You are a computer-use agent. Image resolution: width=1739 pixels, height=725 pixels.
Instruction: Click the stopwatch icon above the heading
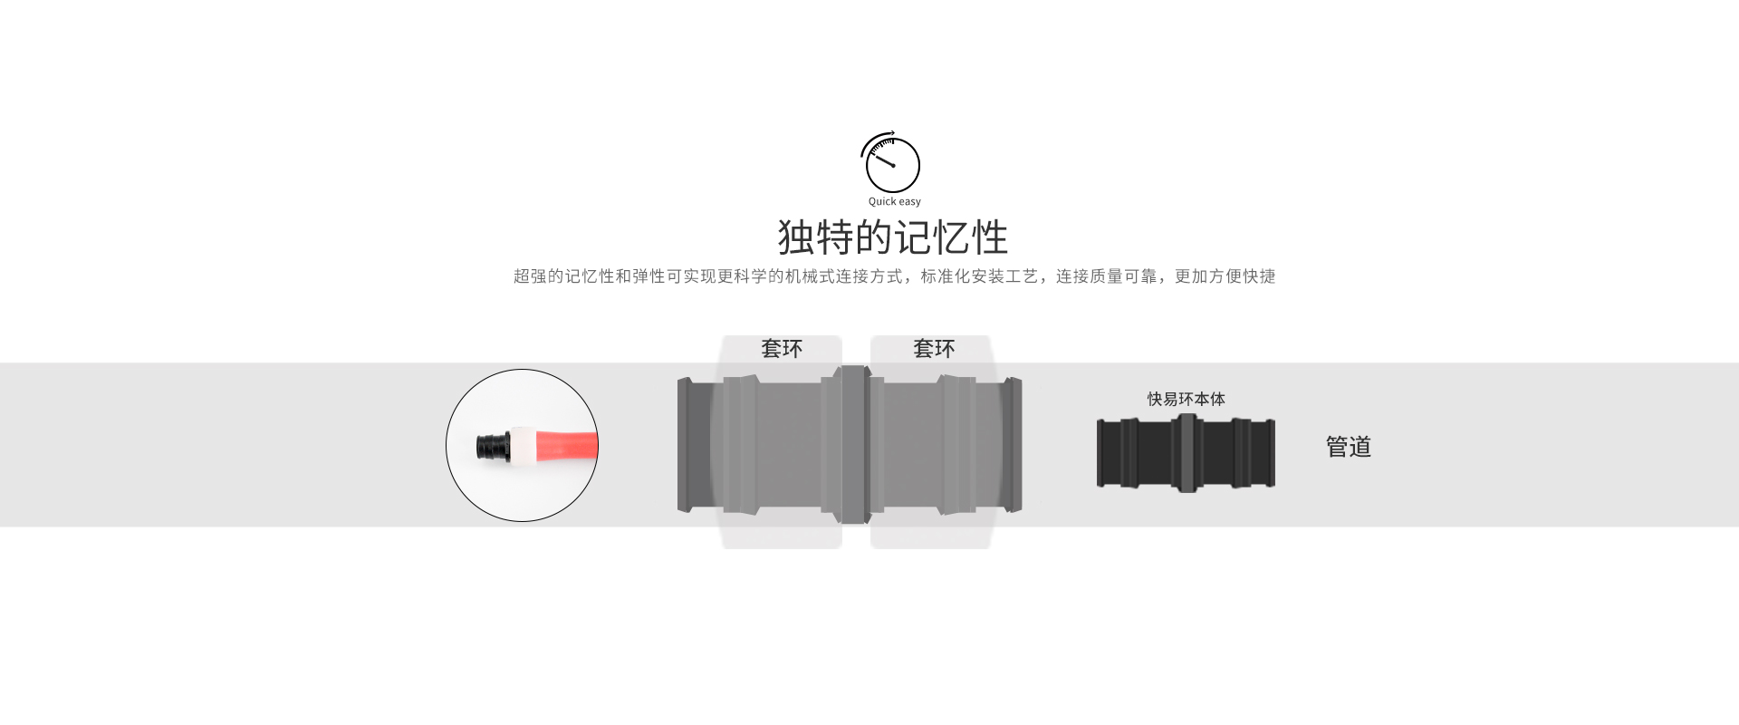click(x=890, y=162)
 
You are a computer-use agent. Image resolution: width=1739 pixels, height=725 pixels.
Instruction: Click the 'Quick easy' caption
click(x=894, y=202)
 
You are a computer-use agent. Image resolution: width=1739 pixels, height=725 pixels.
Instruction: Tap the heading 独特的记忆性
click(x=893, y=237)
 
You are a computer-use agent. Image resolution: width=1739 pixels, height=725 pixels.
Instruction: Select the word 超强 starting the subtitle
click(x=530, y=276)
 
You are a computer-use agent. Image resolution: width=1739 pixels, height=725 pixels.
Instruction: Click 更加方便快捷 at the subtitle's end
click(x=1225, y=276)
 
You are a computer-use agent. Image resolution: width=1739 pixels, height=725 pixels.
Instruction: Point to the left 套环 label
click(x=782, y=349)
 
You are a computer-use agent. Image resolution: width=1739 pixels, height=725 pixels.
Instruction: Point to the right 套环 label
click(x=934, y=349)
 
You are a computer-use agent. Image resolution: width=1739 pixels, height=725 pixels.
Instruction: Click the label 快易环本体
click(x=1186, y=400)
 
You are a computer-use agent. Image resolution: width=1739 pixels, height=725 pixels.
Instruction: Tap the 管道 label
click(x=1349, y=447)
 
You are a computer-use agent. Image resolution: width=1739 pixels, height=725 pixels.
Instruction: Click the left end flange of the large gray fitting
click(x=685, y=445)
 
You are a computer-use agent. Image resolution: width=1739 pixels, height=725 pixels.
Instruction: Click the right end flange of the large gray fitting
click(x=1014, y=445)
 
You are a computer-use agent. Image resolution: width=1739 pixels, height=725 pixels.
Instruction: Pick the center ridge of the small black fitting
click(x=1187, y=453)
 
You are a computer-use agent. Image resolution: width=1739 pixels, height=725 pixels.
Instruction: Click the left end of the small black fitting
click(x=1101, y=453)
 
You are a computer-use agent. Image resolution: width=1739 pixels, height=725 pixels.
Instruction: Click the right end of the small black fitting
click(x=1271, y=453)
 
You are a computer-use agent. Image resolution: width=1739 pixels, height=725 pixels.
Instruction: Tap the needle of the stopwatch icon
click(x=881, y=160)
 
